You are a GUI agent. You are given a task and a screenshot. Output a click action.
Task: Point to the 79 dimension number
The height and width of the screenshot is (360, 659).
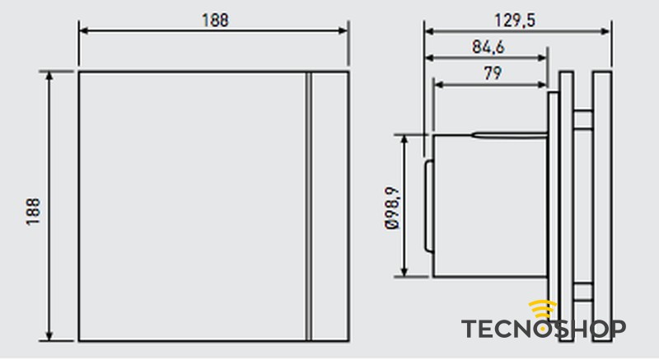point(491,72)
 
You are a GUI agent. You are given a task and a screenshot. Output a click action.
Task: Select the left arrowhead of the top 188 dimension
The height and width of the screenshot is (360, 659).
point(83,31)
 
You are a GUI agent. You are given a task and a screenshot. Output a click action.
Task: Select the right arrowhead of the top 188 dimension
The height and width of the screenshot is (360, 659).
point(344,31)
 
